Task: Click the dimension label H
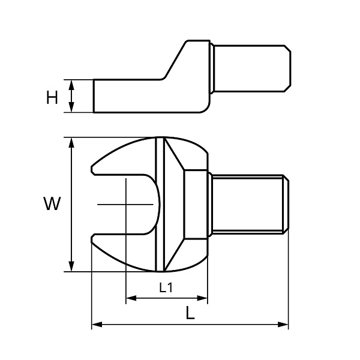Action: [52, 97]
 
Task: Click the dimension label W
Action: [52, 203]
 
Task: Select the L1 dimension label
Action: [166, 287]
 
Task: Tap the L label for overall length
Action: [190, 313]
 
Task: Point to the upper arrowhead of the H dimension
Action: [71, 85]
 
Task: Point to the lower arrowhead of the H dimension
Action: [71, 107]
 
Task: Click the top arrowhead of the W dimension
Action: [71, 143]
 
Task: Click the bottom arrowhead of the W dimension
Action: [71, 266]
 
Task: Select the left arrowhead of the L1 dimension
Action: [131, 298]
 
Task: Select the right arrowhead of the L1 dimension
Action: [202, 298]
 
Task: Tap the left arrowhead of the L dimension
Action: [97, 325]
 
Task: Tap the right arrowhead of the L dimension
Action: [283, 325]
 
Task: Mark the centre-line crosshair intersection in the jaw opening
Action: [126, 204]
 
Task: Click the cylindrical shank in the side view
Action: [252, 68]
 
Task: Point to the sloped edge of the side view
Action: [176, 59]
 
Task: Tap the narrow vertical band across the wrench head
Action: [160, 204]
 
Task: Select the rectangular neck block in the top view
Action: [196, 204]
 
